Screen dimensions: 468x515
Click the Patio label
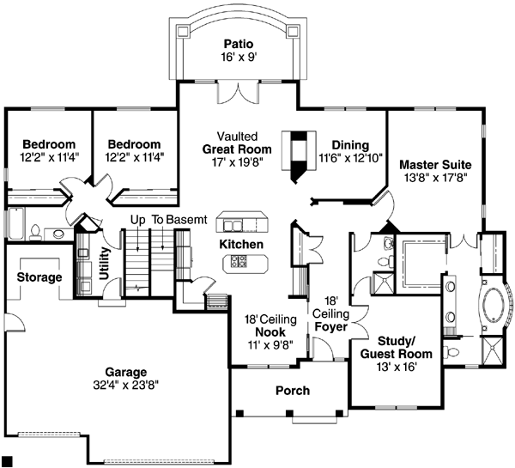click(238, 44)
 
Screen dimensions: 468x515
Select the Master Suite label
click(435, 164)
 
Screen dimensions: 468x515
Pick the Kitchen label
click(241, 245)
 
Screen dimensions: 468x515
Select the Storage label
click(39, 277)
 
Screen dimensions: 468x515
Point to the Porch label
click(293, 391)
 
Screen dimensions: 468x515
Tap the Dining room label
click(351, 145)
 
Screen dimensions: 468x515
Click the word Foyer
click(330, 325)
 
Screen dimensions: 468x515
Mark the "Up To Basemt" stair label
click(167, 220)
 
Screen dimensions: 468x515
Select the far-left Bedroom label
click(48, 144)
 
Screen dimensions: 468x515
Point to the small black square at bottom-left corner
click(7, 461)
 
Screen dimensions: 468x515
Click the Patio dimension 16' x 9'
click(238, 58)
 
